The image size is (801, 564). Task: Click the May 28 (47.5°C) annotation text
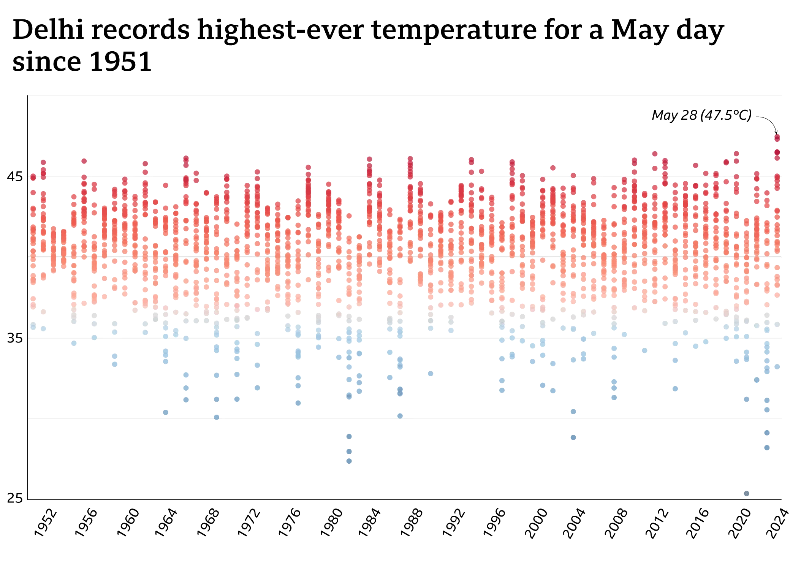[701, 115]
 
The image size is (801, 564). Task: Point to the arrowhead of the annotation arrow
[776, 133]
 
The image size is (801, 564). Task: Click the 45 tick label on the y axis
[15, 177]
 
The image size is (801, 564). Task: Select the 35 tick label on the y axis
[15, 338]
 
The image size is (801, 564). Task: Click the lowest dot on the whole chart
[746, 493]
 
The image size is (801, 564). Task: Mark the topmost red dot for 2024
[777, 137]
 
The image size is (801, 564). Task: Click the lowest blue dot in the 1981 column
[349, 461]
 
